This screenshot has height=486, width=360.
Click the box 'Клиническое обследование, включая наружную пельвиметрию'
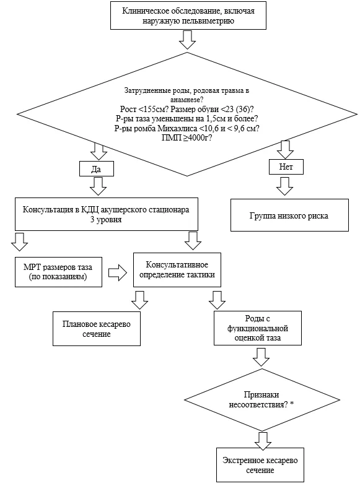(188, 15)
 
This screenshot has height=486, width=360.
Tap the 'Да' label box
(97, 169)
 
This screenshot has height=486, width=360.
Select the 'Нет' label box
(286, 167)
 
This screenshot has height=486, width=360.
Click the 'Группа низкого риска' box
(289, 215)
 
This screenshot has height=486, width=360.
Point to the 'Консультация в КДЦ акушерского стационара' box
(107, 214)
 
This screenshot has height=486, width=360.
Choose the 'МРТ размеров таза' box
(58, 272)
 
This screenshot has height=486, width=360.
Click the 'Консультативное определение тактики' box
(177, 270)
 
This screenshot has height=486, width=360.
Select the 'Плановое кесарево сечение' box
(97, 329)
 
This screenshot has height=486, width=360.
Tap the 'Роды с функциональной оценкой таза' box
(258, 328)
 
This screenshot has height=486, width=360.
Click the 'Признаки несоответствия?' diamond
(262, 400)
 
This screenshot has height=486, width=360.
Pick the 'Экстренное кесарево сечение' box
(260, 465)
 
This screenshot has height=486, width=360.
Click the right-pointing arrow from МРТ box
(118, 273)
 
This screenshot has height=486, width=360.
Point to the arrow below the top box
(187, 40)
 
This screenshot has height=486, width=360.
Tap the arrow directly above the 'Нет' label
(285, 150)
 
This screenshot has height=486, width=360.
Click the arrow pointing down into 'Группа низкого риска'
(284, 186)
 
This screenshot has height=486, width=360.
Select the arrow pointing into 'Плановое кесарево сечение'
(139, 300)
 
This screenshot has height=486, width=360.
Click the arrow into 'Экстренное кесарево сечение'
(263, 441)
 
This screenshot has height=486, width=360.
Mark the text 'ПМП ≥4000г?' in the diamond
(187, 137)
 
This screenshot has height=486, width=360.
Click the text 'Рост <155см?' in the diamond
(144, 110)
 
